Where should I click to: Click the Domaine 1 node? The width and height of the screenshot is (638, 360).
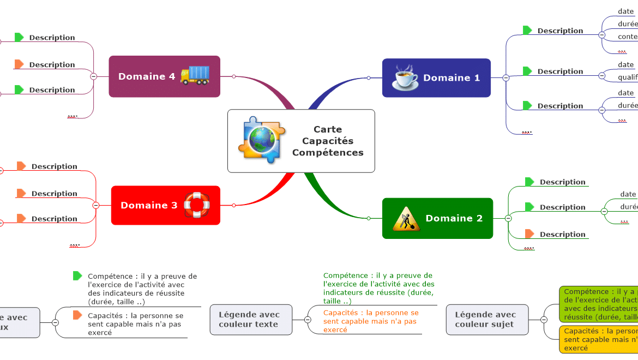click(436, 78)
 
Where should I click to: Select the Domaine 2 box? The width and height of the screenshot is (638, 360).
click(437, 218)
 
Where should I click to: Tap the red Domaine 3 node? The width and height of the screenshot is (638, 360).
click(165, 205)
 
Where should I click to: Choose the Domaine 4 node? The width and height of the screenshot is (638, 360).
click(164, 76)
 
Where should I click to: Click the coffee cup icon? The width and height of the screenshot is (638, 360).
click(405, 78)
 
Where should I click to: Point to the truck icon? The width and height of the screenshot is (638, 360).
click(195, 75)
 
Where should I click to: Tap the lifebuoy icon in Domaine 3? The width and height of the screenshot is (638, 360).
click(197, 205)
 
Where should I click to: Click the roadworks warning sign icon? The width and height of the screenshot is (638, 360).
click(406, 219)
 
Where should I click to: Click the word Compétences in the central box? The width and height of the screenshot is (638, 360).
click(328, 153)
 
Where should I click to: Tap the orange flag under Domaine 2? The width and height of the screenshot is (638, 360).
click(529, 234)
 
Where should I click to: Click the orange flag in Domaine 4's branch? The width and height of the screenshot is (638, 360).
click(19, 64)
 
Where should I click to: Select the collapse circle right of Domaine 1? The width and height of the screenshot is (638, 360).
click(505, 78)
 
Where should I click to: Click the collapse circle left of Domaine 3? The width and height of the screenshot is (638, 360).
click(96, 205)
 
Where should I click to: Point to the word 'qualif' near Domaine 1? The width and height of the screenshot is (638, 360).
click(628, 77)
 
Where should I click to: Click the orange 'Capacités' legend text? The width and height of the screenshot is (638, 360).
click(371, 321)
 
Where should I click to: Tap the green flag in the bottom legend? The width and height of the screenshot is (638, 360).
click(77, 276)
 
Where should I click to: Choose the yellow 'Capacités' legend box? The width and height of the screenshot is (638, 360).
click(599, 339)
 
